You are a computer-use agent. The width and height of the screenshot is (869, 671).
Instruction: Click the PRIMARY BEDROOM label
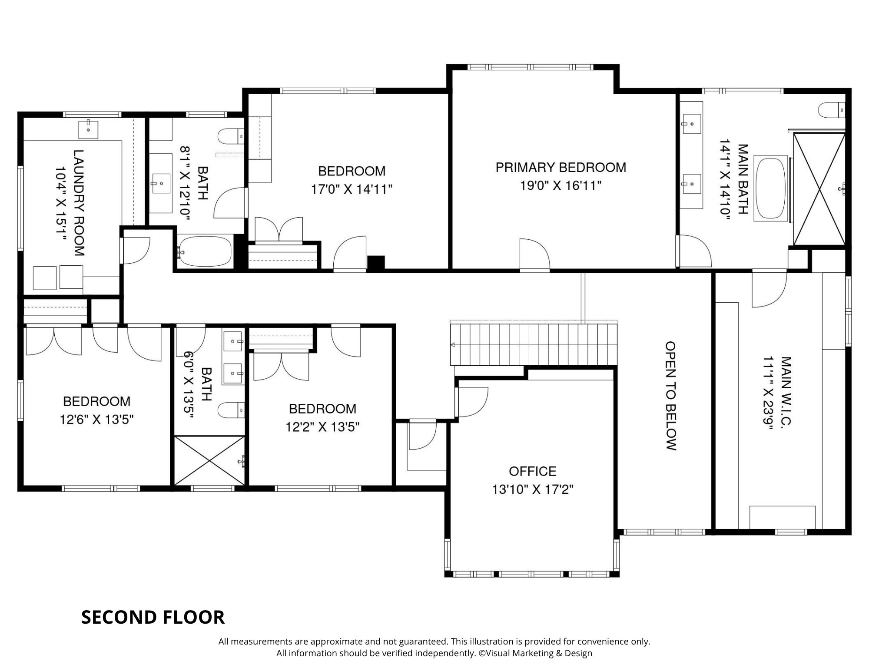pos(561,168)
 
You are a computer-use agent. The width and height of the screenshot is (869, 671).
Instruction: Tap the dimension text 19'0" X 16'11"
pos(561,186)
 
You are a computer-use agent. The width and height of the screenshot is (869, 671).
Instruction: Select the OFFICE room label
pos(532,471)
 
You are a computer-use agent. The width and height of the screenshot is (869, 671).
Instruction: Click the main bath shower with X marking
pos(819,189)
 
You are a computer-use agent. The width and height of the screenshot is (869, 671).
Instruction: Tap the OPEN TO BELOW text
pos(671,396)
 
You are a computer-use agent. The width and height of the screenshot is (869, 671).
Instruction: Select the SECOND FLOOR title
pos(153,617)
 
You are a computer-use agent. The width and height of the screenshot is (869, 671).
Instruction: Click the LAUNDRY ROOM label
pos(79,202)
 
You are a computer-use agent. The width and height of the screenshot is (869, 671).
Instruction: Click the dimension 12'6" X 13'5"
pos(96,420)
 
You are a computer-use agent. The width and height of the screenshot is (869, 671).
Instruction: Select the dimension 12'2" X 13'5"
pos(322,427)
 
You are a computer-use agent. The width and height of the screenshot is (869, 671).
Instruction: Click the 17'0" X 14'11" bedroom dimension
pos(352,189)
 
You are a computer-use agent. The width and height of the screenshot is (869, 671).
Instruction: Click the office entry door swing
pos(471,401)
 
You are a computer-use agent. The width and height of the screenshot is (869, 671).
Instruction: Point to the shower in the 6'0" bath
pos(209,460)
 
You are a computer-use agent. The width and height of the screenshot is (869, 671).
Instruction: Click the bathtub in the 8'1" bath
pos(204,251)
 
